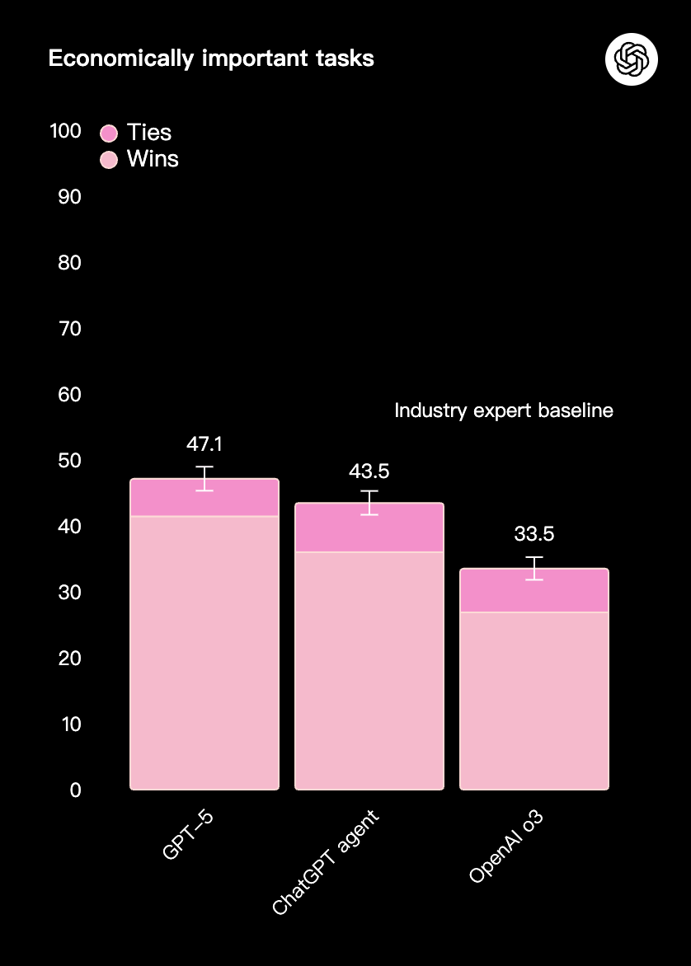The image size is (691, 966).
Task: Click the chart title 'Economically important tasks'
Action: (x=211, y=59)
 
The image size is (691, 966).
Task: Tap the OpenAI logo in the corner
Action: (x=631, y=59)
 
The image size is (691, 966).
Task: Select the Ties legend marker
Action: (x=110, y=133)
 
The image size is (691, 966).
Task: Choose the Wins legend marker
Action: (x=110, y=159)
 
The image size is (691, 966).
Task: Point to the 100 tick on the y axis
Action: (x=65, y=131)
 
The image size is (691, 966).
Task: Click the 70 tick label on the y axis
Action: (x=70, y=329)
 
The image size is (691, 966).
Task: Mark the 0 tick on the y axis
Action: (x=75, y=790)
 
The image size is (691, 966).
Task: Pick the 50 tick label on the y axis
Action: (x=70, y=460)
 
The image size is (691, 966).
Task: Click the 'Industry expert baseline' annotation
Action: (x=504, y=410)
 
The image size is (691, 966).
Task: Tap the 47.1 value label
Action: (x=204, y=444)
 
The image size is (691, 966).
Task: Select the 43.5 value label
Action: (x=369, y=471)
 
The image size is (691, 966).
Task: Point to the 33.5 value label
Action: (x=534, y=534)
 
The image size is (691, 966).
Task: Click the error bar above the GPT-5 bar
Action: (x=204, y=478)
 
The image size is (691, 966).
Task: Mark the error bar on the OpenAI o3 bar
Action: (x=534, y=569)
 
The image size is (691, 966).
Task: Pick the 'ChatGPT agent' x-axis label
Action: (x=325, y=862)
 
